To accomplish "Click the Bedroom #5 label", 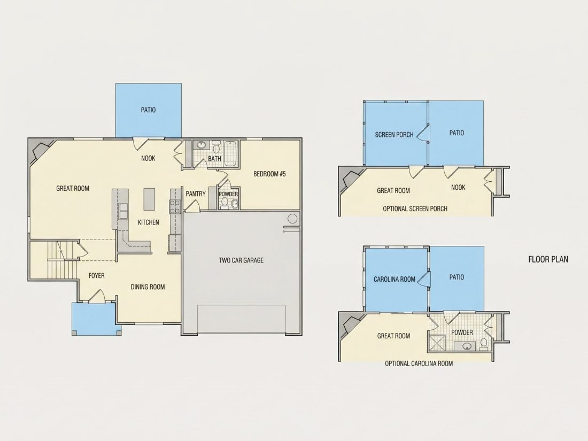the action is click(x=269, y=174).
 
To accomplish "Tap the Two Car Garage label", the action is click(x=241, y=260).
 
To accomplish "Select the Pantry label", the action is click(x=196, y=194).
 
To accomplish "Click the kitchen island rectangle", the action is click(x=149, y=199).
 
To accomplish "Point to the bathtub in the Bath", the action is click(x=230, y=154).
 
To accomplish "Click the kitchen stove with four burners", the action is click(x=175, y=207).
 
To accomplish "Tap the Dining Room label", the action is click(x=148, y=287).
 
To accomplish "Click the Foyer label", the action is click(x=96, y=276).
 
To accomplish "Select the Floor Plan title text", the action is click(x=548, y=259).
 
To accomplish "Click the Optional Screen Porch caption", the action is click(x=415, y=209).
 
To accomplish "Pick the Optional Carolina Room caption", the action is click(x=419, y=363).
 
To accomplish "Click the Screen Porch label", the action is click(x=394, y=135).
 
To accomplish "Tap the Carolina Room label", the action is click(x=394, y=280).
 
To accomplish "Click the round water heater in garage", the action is click(x=292, y=219).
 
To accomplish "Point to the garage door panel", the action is click(x=242, y=319).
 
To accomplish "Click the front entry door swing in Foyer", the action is click(x=96, y=296).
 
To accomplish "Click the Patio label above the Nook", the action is click(x=148, y=110).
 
